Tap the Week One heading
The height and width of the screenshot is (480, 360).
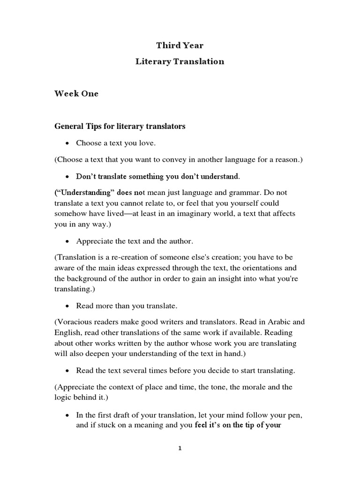(x=76, y=93)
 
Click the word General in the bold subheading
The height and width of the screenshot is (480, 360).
(x=69, y=126)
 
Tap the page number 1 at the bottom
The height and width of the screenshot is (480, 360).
(x=180, y=448)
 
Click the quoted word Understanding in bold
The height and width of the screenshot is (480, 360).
(x=84, y=192)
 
